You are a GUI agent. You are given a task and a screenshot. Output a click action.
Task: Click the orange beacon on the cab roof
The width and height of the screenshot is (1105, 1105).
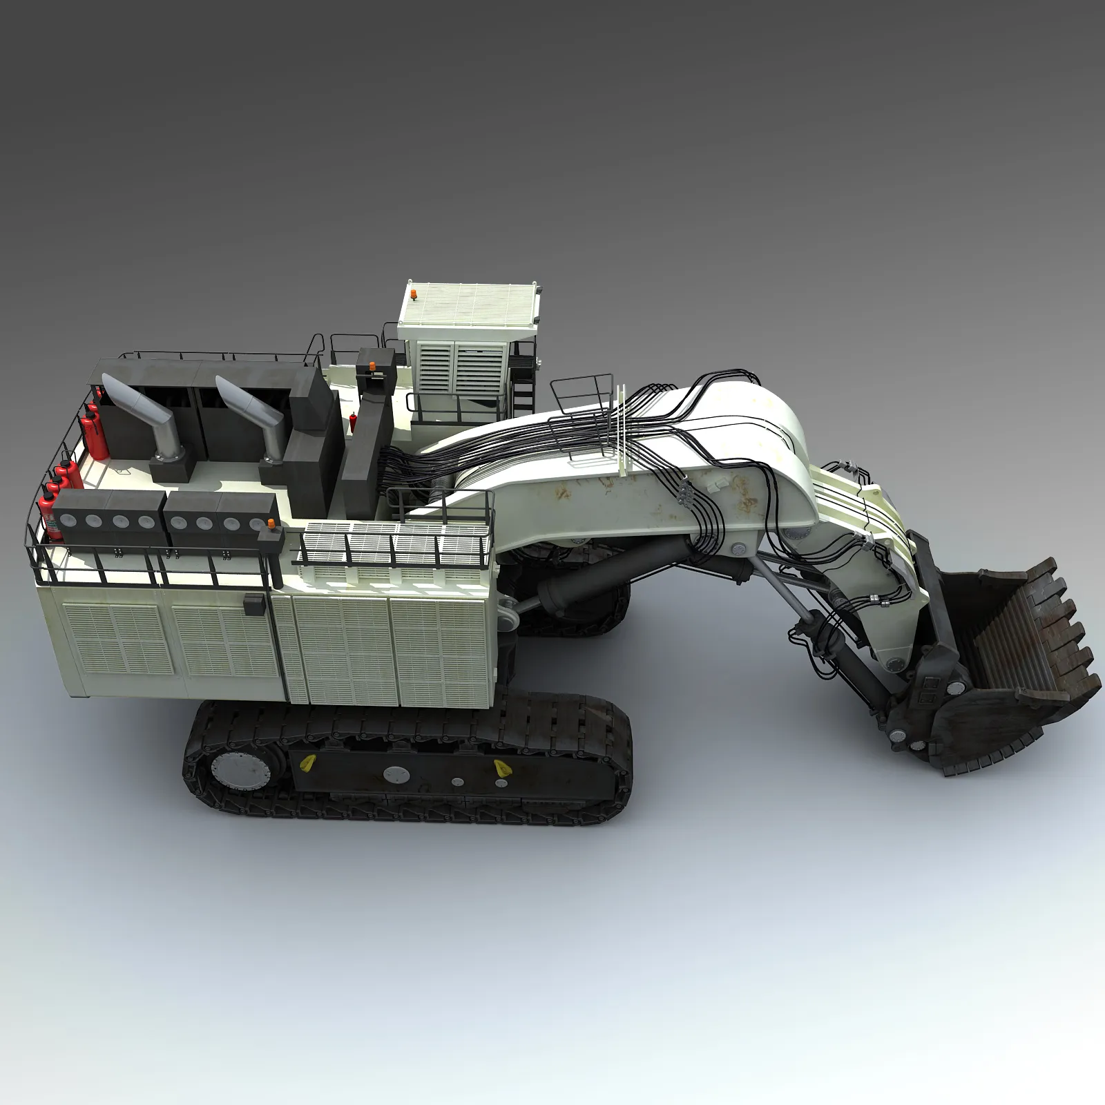(x=414, y=295)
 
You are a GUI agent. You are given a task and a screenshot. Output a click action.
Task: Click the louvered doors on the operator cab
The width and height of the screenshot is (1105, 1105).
(x=452, y=368)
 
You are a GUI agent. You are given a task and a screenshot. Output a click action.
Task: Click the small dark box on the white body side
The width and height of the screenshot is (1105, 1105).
(x=253, y=603)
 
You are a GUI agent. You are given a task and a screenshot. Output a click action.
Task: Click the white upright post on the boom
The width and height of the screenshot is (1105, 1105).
(x=622, y=428)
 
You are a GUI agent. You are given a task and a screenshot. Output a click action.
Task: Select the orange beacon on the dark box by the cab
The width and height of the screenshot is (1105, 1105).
(x=372, y=365)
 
